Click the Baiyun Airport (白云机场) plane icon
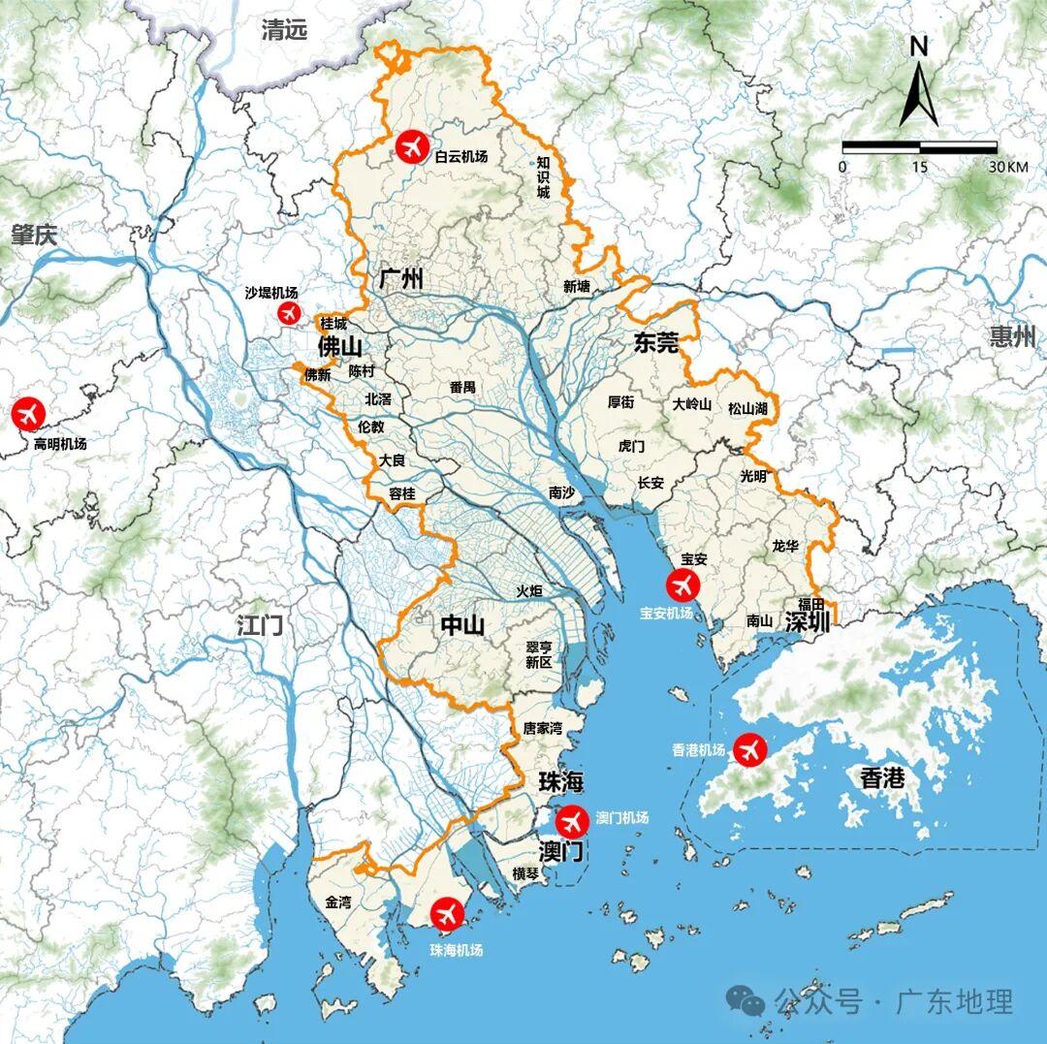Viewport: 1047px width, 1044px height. coord(411,148)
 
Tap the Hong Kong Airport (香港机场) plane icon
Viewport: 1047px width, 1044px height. coord(749,749)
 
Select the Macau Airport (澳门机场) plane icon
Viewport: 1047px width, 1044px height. coord(572,821)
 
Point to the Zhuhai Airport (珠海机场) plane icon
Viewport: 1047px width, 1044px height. coord(448,913)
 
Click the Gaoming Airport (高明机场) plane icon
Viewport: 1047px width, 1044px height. coord(28,414)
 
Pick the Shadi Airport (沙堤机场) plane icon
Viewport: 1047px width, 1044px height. coord(289,312)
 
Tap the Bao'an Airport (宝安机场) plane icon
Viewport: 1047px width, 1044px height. coord(682,585)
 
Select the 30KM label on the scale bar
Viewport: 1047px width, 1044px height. coord(1008,167)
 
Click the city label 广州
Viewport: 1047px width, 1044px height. coord(400,280)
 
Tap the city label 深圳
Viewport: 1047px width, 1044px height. coord(808,621)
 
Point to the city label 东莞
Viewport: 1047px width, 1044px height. coord(656,342)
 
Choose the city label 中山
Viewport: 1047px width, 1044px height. coord(463,626)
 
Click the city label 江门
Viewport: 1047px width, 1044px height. coord(261,625)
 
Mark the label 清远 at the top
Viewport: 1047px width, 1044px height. coord(284,30)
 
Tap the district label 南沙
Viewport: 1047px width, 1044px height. coord(561,492)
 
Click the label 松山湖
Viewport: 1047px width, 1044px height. coord(747,408)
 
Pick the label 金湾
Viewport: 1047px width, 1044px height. coord(339,902)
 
